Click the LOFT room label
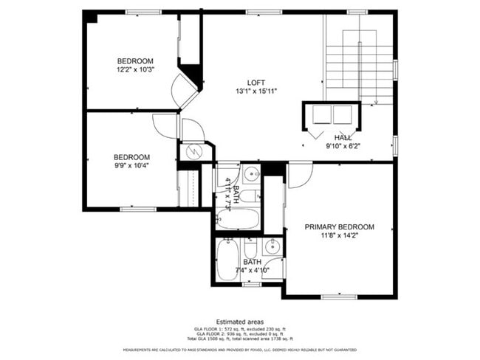pos(256,82)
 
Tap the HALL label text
pos(343,137)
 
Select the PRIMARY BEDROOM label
pos(339,226)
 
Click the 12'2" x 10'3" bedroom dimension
pos(134,69)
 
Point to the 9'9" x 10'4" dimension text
pos(131,166)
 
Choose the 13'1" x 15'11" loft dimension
pos(256,91)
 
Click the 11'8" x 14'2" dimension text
pos(339,235)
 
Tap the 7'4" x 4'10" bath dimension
pos(253,271)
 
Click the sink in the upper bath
pos(250,175)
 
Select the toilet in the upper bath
pos(249,196)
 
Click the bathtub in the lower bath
pos(227,260)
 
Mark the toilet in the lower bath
pos(250,248)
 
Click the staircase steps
pos(360,59)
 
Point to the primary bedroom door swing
pos(299,176)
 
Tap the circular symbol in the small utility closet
pos(193,152)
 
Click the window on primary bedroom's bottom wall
pos(339,297)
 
